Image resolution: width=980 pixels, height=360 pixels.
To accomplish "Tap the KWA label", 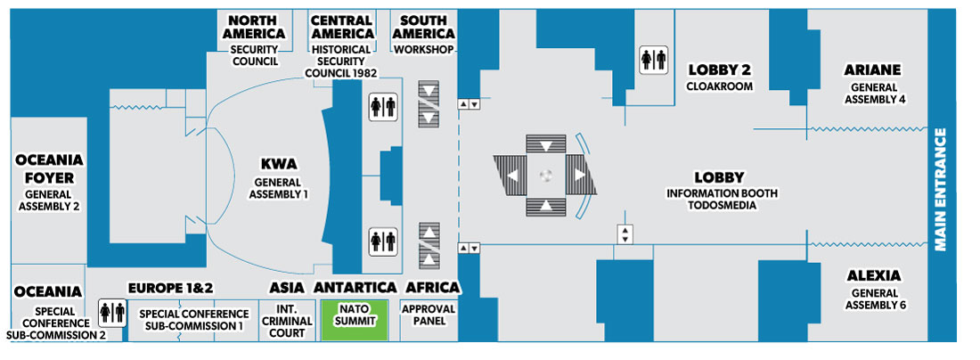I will pos(279,164).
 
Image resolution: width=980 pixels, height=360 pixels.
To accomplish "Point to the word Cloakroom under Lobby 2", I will pos(720,86).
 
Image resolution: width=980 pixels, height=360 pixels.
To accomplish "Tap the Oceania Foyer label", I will pos(49,169).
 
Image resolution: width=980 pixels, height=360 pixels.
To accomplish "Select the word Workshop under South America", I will pos(424,49).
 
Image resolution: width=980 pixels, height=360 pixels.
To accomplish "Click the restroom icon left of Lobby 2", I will pos(653,61).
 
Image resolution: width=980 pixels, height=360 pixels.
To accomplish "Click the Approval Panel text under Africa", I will pos(429,315).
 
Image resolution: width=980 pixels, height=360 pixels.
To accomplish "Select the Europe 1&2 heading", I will pos(171,288).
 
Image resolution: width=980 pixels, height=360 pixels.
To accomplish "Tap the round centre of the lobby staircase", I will pos(546,175).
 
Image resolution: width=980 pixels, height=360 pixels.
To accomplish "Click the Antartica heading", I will pos(355,288).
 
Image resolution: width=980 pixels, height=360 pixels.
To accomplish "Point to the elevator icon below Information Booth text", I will pos(625,234).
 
